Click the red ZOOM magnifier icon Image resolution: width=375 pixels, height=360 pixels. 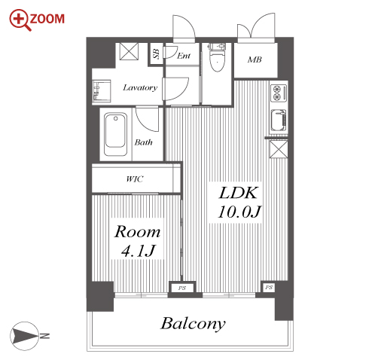click(20, 20)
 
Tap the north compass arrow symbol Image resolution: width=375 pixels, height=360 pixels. click(24, 336)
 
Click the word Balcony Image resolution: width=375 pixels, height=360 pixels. click(193, 324)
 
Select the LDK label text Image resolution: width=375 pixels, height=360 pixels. click(239, 193)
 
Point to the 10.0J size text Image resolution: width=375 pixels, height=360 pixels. click(239, 212)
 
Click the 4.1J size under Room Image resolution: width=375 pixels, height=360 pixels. click(138, 251)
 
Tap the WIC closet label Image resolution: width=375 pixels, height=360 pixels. click(135, 179)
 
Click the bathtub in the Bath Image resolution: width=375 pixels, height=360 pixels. click(115, 134)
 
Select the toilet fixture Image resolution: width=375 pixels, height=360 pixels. click(217, 57)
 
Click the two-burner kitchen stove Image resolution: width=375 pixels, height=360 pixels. click(279, 93)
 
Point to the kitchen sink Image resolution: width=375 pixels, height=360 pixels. click(279, 121)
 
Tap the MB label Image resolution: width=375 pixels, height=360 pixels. click(255, 59)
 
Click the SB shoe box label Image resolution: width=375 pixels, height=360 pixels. click(156, 53)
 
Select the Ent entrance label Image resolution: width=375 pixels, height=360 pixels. click(184, 56)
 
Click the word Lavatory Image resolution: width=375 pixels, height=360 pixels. click(140, 87)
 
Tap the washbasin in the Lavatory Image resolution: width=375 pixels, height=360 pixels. click(102, 91)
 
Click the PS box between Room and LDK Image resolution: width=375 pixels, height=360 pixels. click(182, 288)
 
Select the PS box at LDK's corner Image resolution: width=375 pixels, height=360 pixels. click(269, 287)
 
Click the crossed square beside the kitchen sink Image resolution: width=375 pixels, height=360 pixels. click(279, 149)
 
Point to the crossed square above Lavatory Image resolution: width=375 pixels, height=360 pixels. click(129, 51)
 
